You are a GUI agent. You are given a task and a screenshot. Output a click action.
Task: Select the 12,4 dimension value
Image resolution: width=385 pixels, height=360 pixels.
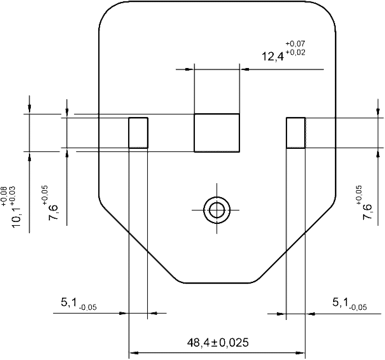point(273,56)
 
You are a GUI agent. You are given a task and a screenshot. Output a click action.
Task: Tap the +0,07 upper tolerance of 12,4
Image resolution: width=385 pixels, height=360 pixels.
point(295,44)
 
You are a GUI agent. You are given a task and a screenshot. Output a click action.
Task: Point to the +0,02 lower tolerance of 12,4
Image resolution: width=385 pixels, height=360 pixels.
point(295,52)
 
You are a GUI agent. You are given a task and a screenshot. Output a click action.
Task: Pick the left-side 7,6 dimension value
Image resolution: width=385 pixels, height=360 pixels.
point(53,212)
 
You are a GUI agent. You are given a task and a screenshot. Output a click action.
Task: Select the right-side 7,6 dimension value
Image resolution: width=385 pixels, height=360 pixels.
point(368,212)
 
